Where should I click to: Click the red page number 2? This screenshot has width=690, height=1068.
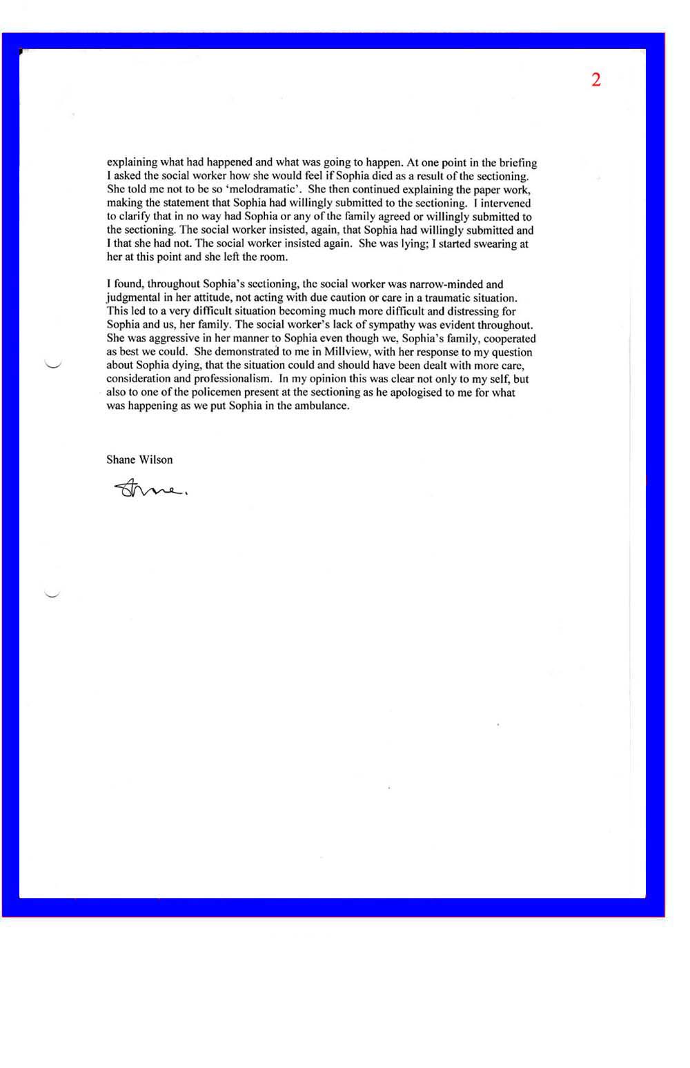tap(596, 80)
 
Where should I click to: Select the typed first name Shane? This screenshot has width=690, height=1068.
tap(121, 459)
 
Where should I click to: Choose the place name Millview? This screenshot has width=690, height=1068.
tap(346, 352)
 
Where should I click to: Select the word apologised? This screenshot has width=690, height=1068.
tap(421, 393)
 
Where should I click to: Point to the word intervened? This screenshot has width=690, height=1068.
tap(506, 204)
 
